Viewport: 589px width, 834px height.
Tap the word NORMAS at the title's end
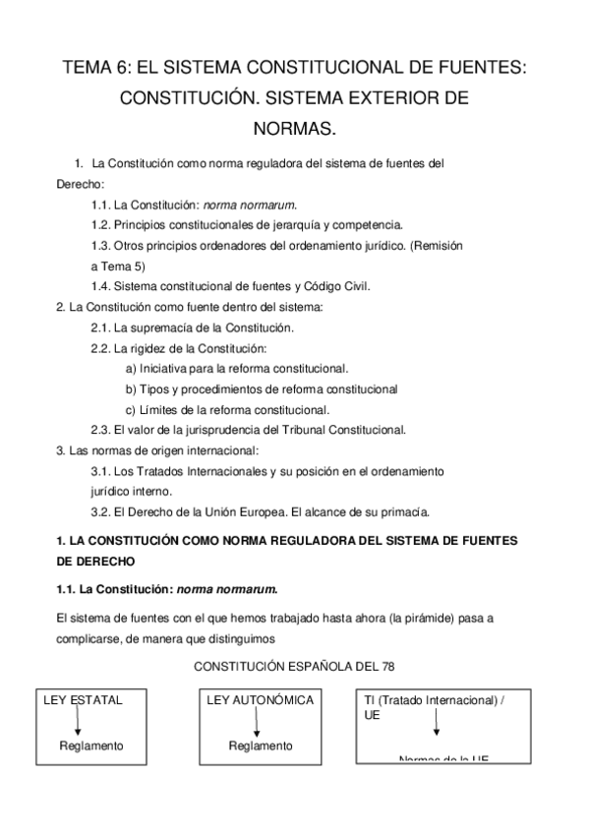click(x=295, y=129)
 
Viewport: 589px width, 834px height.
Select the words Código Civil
click(x=338, y=286)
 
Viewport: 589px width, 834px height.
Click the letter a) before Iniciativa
click(x=132, y=369)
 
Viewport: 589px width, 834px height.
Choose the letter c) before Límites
click(x=132, y=410)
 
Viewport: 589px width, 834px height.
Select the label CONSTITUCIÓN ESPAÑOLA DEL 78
click(x=294, y=667)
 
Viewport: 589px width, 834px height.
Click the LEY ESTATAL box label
click(x=84, y=700)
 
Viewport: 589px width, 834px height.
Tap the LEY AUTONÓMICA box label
click(x=261, y=700)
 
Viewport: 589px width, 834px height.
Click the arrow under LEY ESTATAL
click(x=77, y=722)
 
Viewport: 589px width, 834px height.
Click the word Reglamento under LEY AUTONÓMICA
click(x=261, y=745)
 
